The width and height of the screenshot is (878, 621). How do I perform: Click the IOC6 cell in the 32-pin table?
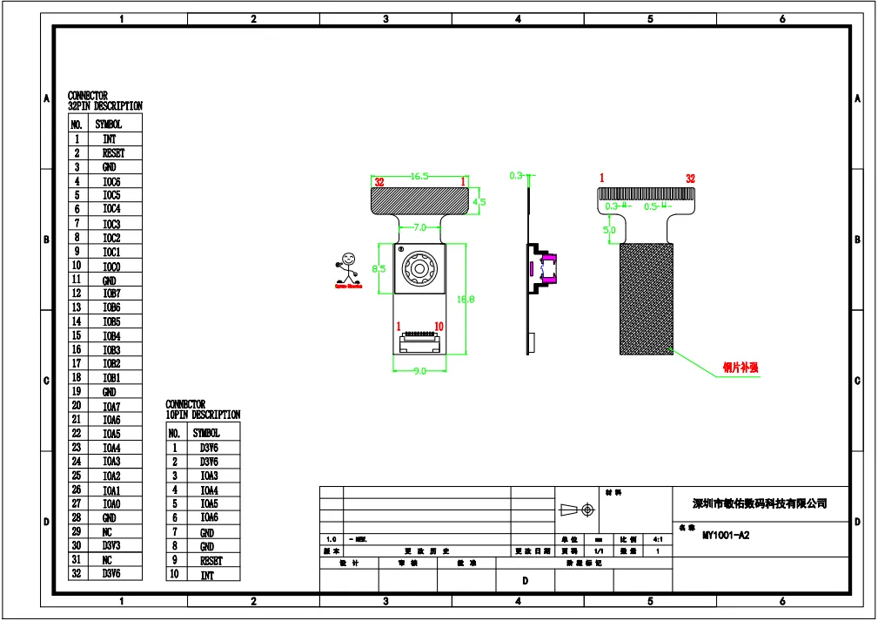tap(111, 181)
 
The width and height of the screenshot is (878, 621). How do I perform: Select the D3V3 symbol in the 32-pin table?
tap(111, 545)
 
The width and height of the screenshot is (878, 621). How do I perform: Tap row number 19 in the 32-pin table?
tap(77, 392)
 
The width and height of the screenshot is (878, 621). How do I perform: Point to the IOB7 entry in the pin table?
tap(111, 294)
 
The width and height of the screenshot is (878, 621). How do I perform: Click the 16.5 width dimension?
tap(420, 176)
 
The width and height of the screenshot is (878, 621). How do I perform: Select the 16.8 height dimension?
tap(466, 300)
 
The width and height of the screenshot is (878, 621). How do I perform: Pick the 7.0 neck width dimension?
tap(419, 227)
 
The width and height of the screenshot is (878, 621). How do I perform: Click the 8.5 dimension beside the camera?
tap(379, 269)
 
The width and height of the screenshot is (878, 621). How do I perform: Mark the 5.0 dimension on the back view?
tap(609, 230)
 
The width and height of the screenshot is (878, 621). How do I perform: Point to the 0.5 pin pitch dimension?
tap(651, 206)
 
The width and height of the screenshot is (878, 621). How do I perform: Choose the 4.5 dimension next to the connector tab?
tap(479, 202)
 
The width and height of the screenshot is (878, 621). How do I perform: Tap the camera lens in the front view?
tap(419, 270)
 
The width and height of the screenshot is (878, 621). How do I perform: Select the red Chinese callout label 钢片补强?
tap(741, 368)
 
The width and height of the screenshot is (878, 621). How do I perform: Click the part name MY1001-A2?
tap(726, 536)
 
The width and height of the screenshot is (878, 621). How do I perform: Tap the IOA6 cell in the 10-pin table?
tap(208, 517)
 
